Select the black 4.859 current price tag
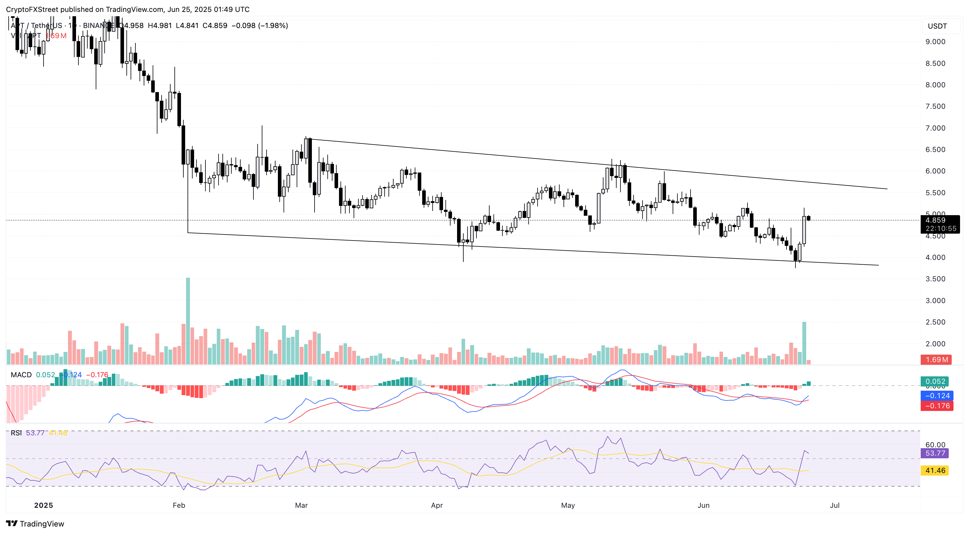tap(940, 224)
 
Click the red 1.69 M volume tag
tap(936, 359)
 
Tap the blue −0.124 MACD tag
tap(937, 396)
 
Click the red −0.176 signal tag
tap(937, 406)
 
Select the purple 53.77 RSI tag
tap(934, 453)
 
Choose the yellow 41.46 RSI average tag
tap(934, 471)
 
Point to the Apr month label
tap(436, 505)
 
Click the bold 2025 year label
tap(43, 505)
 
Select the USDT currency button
tap(937, 26)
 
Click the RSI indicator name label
tap(16, 433)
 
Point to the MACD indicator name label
tap(21, 375)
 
